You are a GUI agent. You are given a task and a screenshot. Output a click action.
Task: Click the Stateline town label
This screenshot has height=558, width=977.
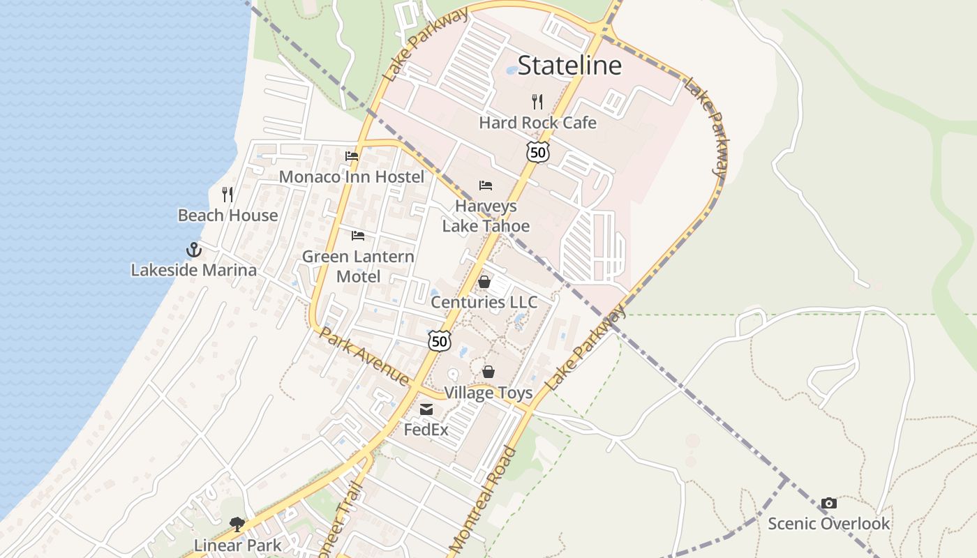pyautogui.click(x=569, y=66)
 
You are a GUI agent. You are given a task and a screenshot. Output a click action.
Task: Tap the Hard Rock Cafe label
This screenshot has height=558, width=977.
pyautogui.click(x=537, y=123)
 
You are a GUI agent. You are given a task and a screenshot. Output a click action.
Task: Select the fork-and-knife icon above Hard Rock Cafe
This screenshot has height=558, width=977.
pyautogui.click(x=537, y=102)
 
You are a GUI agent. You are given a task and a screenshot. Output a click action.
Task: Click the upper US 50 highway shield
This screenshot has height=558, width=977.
pyautogui.click(x=537, y=152)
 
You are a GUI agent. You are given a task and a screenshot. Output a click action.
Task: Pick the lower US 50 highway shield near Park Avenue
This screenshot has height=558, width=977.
pyautogui.click(x=439, y=341)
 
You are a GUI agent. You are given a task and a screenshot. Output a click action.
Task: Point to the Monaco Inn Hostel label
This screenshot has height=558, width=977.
pyautogui.click(x=351, y=176)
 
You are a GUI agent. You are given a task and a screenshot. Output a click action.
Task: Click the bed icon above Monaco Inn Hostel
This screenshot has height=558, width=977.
pyautogui.click(x=352, y=156)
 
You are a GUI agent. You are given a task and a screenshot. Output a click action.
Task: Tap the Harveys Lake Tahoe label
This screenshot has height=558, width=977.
pyautogui.click(x=486, y=216)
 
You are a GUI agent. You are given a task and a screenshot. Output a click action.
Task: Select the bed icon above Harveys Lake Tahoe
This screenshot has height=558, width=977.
pyautogui.click(x=486, y=186)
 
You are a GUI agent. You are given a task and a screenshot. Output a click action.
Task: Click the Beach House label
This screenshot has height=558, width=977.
pyautogui.click(x=228, y=216)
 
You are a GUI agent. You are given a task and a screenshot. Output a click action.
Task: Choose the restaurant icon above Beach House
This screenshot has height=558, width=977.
pyautogui.click(x=228, y=194)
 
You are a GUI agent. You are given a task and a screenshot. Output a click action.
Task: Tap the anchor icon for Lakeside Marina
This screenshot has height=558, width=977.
pyautogui.click(x=193, y=250)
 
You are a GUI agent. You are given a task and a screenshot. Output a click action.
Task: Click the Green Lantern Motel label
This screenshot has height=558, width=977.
pyautogui.click(x=358, y=266)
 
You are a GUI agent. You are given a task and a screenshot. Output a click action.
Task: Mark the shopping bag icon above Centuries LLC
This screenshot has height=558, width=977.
pyautogui.click(x=484, y=282)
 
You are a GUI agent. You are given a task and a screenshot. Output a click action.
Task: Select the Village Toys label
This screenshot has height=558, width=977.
pyautogui.click(x=488, y=393)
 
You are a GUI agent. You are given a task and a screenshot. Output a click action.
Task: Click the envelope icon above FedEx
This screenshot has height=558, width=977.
pyautogui.click(x=426, y=409)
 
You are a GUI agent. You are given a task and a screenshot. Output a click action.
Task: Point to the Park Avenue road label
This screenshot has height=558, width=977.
pyautogui.click(x=364, y=356)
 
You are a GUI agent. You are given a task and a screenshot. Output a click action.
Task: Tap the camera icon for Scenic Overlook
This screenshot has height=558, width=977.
pyautogui.click(x=829, y=503)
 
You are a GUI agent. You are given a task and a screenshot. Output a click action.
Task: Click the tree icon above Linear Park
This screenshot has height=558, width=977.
pyautogui.click(x=237, y=525)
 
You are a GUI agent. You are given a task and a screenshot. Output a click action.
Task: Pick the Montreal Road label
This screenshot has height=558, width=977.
pyautogui.click(x=482, y=499)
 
